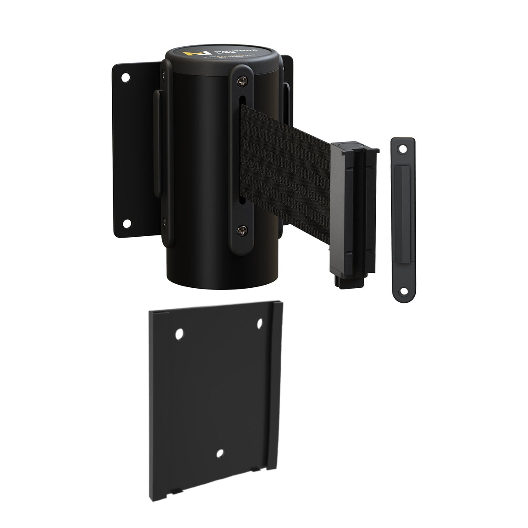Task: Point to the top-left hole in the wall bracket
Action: click(126, 78)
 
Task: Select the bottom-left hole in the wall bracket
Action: click(126, 224)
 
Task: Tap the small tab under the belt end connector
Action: click(346, 279)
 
